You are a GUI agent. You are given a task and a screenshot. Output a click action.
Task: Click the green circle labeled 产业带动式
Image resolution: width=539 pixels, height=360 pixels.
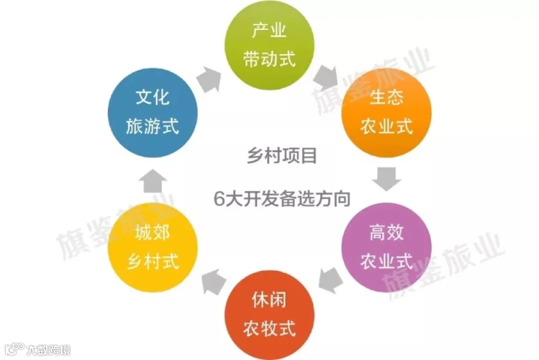[269, 46]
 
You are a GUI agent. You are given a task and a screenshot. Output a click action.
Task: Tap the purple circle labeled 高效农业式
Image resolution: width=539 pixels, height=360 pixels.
[386, 246]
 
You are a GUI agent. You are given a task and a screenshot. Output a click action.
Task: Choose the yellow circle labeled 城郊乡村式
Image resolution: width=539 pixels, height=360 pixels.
[153, 246]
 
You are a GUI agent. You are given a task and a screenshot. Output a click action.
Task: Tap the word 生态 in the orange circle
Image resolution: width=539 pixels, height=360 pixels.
[386, 99]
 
